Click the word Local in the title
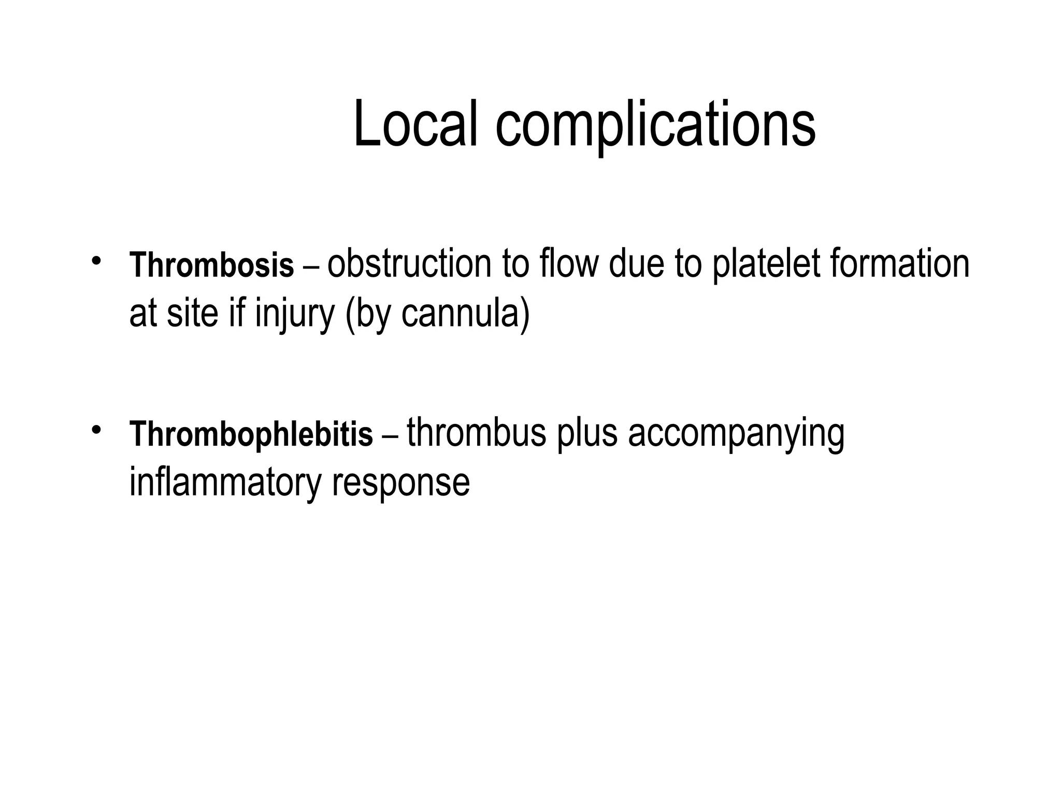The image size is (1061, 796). pyautogui.click(x=415, y=125)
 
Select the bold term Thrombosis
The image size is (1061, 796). pyautogui.click(x=212, y=265)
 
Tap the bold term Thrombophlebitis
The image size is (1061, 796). pyautogui.click(x=251, y=434)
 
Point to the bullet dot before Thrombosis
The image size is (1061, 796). pyautogui.click(x=94, y=260)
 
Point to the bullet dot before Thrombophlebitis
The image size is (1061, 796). pyautogui.click(x=94, y=429)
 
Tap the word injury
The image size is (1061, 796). pyautogui.click(x=295, y=314)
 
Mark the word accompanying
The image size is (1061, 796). pyautogui.click(x=736, y=434)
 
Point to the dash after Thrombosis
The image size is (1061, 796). pyautogui.click(x=311, y=267)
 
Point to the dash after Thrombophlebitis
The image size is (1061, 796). pyautogui.click(x=390, y=436)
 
